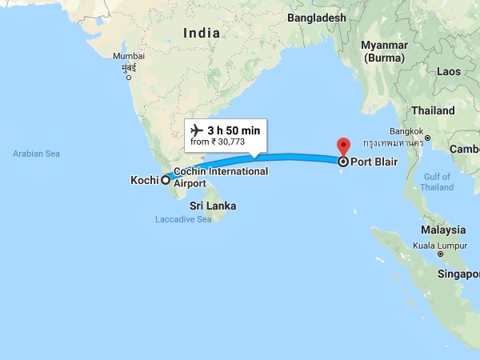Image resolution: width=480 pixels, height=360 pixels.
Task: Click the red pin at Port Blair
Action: (344, 147)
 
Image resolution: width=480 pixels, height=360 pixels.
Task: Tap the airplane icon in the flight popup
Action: (196, 130)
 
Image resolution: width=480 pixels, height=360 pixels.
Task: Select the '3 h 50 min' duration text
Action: (234, 130)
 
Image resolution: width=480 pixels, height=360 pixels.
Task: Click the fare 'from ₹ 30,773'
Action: (217, 142)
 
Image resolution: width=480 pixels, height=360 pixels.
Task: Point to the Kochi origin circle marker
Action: (166, 180)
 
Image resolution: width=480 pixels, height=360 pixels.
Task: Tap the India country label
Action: (201, 33)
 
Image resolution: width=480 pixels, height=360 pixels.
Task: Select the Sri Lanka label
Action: (212, 206)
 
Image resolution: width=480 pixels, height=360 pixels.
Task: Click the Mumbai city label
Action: (129, 56)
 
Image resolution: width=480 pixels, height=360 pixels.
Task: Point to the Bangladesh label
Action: (318, 18)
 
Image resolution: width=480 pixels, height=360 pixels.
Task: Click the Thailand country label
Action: (433, 110)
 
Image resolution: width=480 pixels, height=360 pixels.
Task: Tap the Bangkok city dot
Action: (428, 138)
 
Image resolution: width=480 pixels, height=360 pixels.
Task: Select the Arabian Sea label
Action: (37, 154)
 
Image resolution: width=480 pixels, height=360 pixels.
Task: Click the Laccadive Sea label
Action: (183, 219)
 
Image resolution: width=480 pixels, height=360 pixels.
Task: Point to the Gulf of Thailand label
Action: (437, 182)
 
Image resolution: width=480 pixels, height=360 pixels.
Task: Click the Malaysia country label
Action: (444, 230)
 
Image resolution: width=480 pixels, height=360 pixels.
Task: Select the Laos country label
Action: (448, 72)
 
